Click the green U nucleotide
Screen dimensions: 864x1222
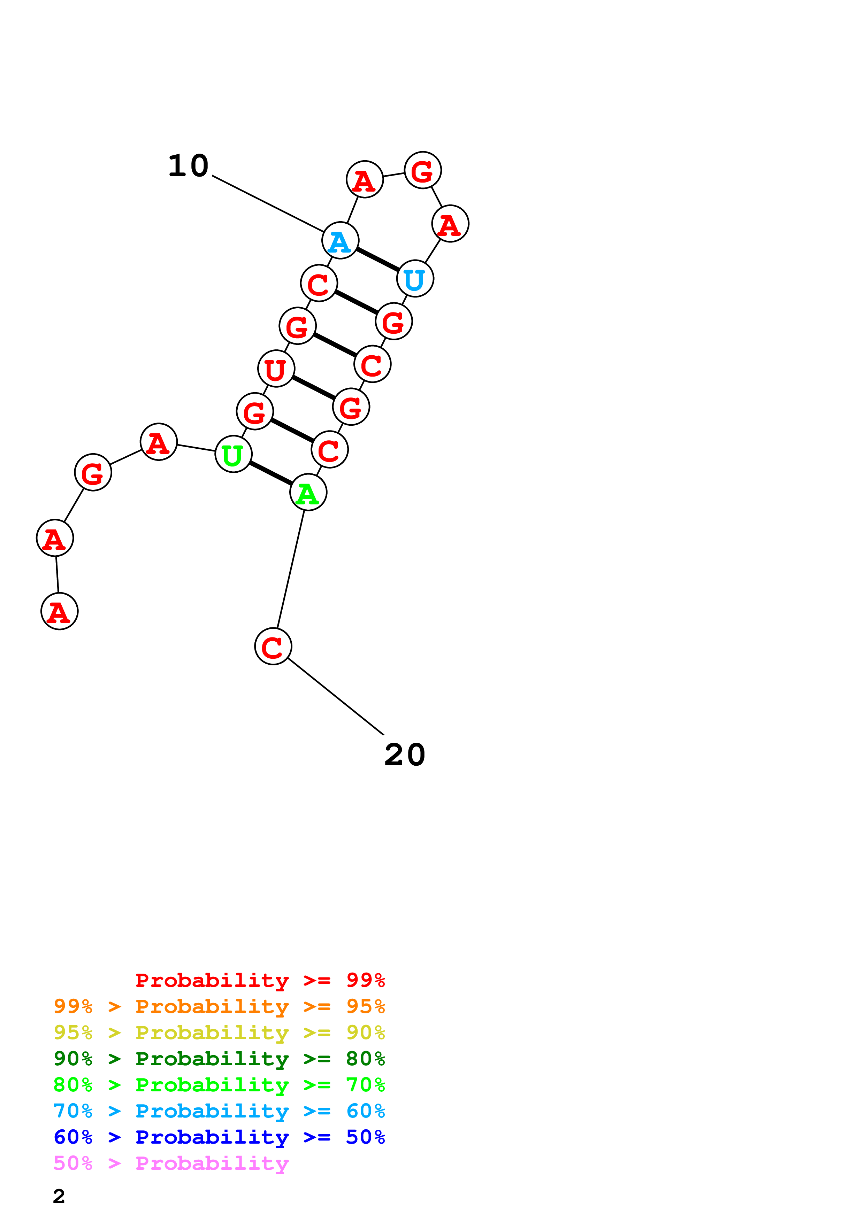click(x=233, y=454)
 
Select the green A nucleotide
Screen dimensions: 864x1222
click(x=308, y=492)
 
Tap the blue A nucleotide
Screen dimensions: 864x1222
click(x=340, y=241)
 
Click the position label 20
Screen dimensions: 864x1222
click(x=405, y=755)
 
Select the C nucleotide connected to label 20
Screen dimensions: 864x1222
click(x=273, y=647)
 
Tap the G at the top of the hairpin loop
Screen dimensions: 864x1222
click(x=423, y=170)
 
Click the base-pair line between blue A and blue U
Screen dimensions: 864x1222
click(x=377, y=259)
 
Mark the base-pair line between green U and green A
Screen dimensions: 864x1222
click(x=270, y=473)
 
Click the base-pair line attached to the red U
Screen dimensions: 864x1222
click(x=314, y=387)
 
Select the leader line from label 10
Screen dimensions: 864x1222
click(x=268, y=203)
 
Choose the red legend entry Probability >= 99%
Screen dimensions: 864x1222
click(x=260, y=980)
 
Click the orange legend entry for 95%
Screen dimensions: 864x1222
click(x=219, y=1006)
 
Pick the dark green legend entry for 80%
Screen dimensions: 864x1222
click(x=219, y=1059)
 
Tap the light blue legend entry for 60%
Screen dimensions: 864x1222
click(x=219, y=1111)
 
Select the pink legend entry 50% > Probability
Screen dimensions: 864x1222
click(x=171, y=1163)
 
